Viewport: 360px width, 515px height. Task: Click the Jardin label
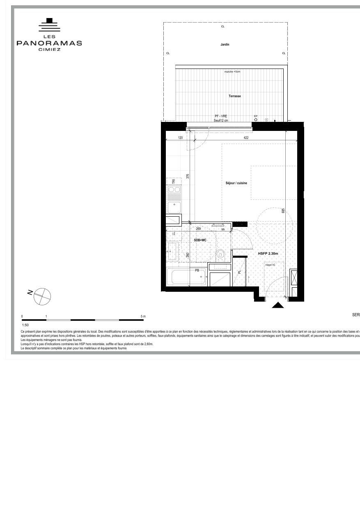pos(225,44)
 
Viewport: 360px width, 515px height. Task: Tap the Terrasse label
pos(235,96)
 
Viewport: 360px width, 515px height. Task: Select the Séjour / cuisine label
pos(236,183)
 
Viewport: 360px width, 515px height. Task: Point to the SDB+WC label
pos(200,240)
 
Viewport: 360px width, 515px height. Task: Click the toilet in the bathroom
pos(220,254)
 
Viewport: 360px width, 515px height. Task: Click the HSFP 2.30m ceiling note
pos(268,254)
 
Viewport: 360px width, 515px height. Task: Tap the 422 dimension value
pos(246,138)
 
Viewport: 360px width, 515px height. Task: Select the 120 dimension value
pos(180,138)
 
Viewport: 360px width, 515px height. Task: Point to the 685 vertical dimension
pos(283,211)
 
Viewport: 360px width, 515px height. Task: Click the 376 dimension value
pos(188,176)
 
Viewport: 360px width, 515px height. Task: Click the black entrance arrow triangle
pos(278,305)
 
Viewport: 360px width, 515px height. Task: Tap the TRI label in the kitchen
pos(174,181)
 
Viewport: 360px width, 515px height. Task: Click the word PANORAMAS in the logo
pos(49,43)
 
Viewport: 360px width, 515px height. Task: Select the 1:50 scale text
pos(25,325)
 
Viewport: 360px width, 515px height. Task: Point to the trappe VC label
pos(270,265)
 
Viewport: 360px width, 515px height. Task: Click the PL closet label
pos(240,272)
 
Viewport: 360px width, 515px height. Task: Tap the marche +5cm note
pos(232,71)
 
